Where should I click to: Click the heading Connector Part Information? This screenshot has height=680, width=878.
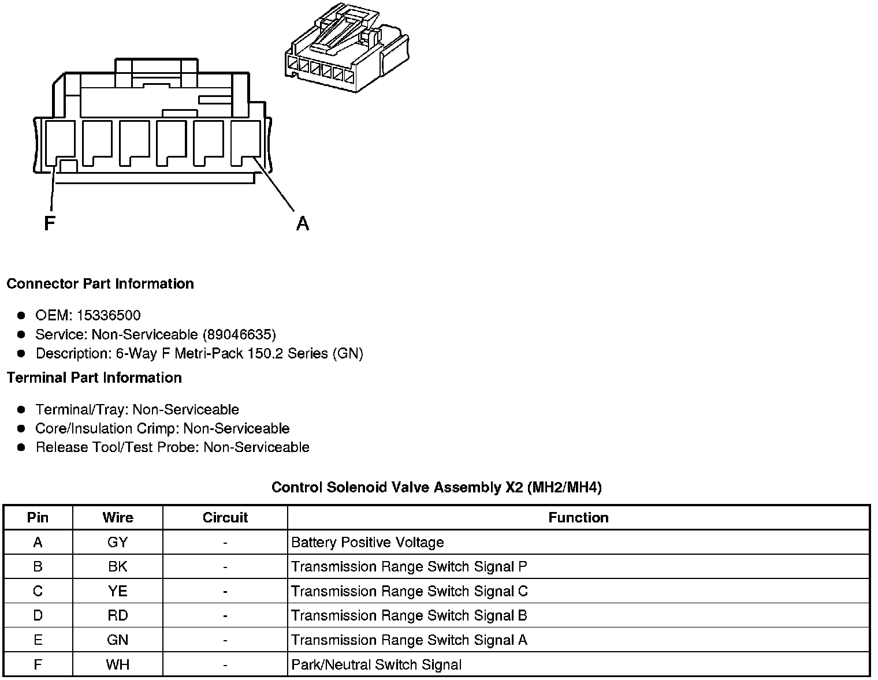[100, 284]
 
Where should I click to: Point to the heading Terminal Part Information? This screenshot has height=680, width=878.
[94, 378]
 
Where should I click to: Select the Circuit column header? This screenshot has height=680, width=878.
[225, 518]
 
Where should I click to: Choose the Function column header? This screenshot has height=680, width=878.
[578, 518]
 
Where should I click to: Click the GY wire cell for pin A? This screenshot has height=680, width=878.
[117, 543]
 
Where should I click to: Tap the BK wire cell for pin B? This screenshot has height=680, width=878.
[117, 567]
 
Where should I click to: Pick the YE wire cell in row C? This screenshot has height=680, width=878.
[117, 591]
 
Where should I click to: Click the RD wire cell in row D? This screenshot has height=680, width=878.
[117, 615]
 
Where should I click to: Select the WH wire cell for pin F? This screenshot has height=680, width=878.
[117, 664]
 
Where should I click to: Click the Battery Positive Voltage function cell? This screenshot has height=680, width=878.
[367, 543]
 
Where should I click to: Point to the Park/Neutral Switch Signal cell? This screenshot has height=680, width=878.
[376, 664]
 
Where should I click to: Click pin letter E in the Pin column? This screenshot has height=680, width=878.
[38, 640]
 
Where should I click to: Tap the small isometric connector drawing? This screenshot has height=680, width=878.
[346, 48]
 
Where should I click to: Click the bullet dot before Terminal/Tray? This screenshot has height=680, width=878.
[21, 409]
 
